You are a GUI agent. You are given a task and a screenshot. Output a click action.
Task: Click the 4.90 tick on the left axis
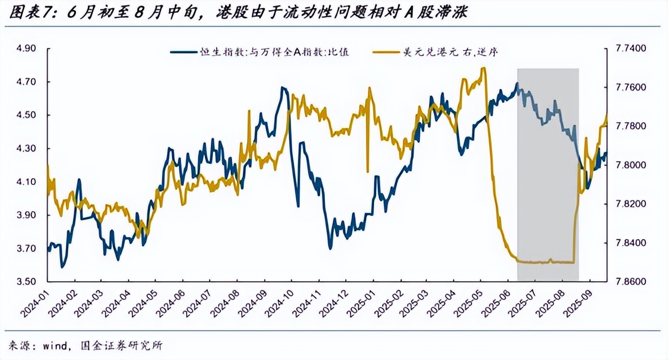click(27, 49)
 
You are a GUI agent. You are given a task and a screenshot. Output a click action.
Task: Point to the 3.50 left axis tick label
click(27, 281)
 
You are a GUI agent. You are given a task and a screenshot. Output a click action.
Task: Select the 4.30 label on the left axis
click(27, 149)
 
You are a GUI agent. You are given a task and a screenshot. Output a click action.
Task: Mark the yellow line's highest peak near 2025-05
click(483, 68)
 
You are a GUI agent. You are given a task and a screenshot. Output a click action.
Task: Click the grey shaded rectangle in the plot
click(548, 174)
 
